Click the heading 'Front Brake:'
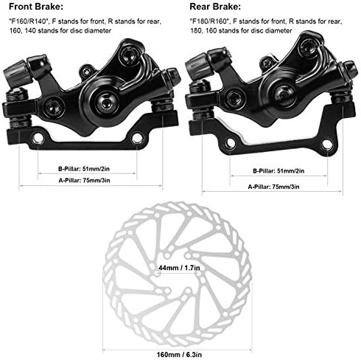click(x=36, y=7)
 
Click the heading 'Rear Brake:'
click(x=215, y=7)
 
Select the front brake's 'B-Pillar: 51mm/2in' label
click(x=84, y=169)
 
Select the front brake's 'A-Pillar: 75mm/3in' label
click(x=84, y=181)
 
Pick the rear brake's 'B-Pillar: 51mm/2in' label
click(x=278, y=171)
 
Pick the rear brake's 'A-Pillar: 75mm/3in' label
click(x=273, y=187)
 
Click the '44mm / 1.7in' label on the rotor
click(x=179, y=268)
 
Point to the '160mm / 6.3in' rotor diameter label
click(x=179, y=355)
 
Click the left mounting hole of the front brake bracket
click(x=38, y=139)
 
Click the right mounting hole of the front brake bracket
click(x=137, y=138)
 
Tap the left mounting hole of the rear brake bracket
click(x=230, y=142)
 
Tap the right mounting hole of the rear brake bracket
click(x=327, y=145)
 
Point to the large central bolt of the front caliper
click(x=106, y=102)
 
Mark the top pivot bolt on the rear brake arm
click(x=309, y=48)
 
